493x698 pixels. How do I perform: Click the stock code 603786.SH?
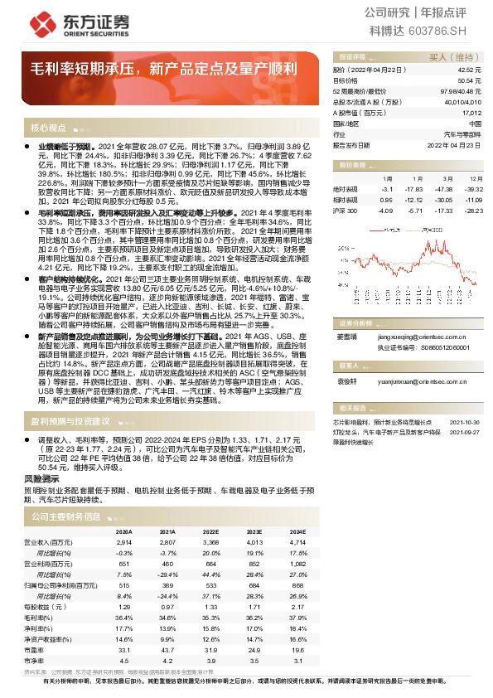tap(451, 30)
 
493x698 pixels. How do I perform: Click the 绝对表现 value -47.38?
tap(445, 189)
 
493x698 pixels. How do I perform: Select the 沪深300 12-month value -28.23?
tap(473, 211)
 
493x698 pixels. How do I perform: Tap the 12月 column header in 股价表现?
tap(475, 178)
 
